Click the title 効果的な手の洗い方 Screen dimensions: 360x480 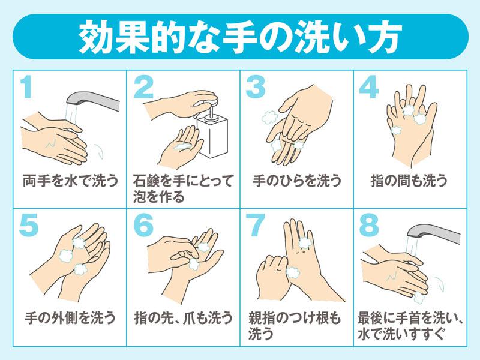tap(240, 37)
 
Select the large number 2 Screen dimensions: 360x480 tap(144, 88)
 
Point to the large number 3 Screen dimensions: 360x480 tap(256, 88)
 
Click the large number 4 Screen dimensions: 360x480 tap(369, 88)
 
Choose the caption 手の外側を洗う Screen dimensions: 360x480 tap(69, 317)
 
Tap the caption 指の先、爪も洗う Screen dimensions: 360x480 tap(183, 317)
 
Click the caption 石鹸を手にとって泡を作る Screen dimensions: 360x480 tap(183, 188)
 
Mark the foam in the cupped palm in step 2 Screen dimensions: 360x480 tap(182, 146)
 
